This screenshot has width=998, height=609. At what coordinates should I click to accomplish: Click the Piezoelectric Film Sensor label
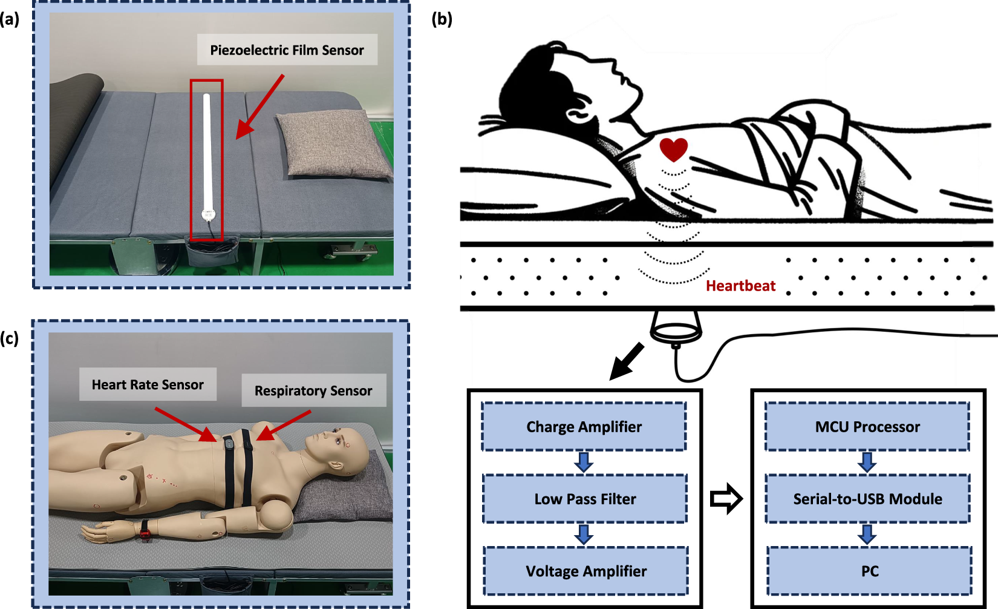(287, 50)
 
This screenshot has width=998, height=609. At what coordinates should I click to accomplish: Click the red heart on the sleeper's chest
(674, 149)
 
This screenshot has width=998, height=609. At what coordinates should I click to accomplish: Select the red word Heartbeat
(740, 286)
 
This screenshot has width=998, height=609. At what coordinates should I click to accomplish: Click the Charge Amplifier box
(584, 427)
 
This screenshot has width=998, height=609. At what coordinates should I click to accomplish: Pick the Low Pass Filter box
(585, 499)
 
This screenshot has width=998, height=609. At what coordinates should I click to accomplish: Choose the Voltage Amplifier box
(585, 571)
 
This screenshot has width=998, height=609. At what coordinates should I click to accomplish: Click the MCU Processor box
(867, 427)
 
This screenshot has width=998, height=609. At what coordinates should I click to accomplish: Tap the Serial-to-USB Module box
(867, 499)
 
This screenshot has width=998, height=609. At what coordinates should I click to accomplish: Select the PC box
(869, 571)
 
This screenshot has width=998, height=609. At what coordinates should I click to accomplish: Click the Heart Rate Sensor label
(148, 384)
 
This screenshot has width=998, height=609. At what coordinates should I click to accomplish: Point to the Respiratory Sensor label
(313, 391)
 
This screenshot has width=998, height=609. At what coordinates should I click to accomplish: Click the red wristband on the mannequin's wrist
(145, 533)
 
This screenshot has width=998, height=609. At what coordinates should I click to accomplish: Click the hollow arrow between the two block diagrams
(726, 499)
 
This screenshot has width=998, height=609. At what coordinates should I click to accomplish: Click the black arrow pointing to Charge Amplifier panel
(626, 361)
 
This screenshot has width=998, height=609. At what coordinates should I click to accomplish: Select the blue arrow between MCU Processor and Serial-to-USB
(867, 463)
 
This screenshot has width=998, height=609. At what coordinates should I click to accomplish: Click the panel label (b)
(442, 19)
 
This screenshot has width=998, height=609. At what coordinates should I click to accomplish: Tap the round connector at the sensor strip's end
(208, 214)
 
